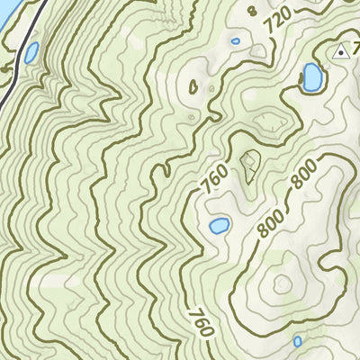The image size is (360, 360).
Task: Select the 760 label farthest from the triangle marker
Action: [201, 321]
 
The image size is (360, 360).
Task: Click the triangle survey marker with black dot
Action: [341, 53]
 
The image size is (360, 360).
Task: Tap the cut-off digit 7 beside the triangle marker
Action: [356, 52]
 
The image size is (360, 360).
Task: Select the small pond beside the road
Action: [31, 53]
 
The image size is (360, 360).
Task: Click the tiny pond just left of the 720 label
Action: [236, 40]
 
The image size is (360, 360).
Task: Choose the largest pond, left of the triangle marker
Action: [312, 77]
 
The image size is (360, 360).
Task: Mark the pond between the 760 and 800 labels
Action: [219, 225]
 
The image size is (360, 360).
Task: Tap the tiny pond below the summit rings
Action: [298, 341]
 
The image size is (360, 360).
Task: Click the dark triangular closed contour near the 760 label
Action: [249, 165]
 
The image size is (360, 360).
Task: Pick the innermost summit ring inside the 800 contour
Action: [283, 284]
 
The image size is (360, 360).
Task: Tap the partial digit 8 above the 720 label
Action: [252, 10]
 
